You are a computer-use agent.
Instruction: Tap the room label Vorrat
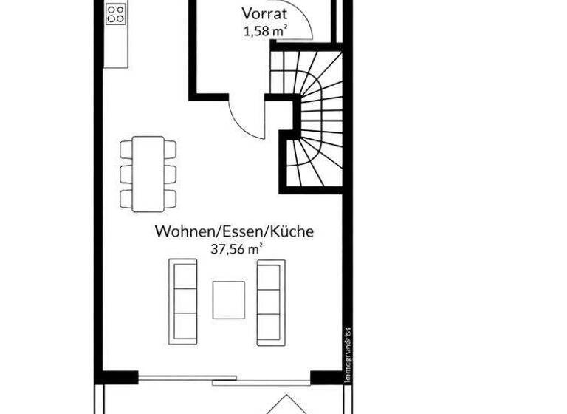pyautogui.click(x=264, y=14)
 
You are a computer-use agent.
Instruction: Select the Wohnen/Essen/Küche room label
pyautogui.click(x=234, y=231)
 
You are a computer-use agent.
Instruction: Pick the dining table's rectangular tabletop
pyautogui.click(x=148, y=173)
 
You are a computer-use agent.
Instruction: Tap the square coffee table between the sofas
pyautogui.click(x=228, y=299)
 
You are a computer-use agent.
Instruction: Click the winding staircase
pyautogui.click(x=314, y=118)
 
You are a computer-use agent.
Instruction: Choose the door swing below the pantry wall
pyautogui.click(x=246, y=118)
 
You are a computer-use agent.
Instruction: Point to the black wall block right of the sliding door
pyautogui.click(x=326, y=378)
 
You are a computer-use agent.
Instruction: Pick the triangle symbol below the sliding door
pyautogui.click(x=285, y=405)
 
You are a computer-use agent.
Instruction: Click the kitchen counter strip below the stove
pyautogui.click(x=116, y=48)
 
